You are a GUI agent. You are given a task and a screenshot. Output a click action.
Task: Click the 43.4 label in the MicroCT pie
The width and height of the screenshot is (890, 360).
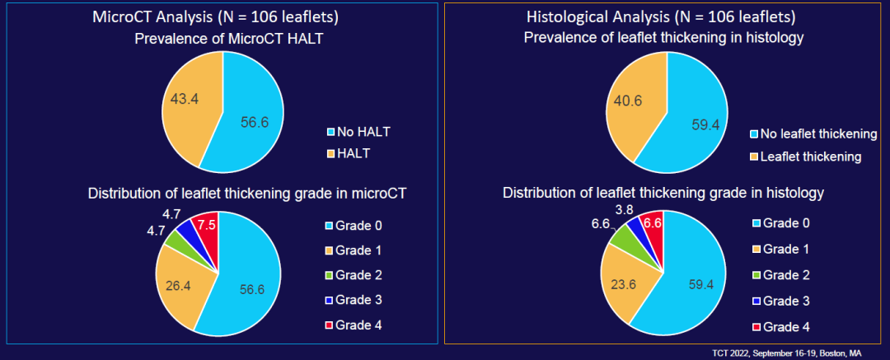coord(180,98)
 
